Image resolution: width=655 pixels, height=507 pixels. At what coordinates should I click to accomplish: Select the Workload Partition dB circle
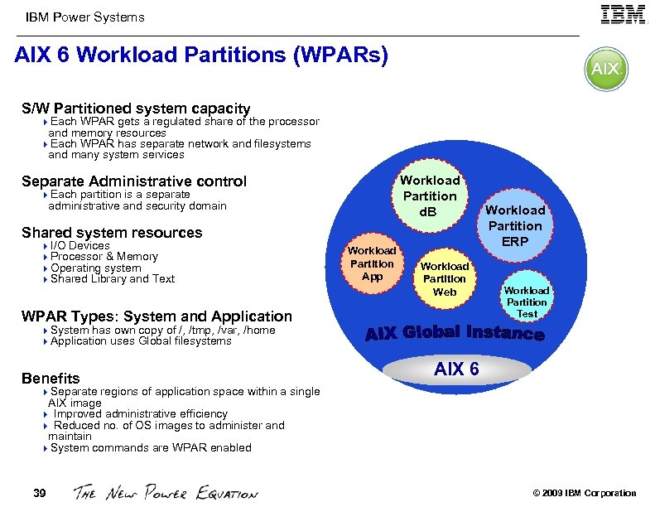(x=430, y=196)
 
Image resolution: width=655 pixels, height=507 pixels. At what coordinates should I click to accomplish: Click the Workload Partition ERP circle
(x=514, y=225)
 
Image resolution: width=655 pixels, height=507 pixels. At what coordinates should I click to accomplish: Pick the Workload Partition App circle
(x=372, y=263)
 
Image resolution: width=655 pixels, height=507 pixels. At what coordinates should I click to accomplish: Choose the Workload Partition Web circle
(x=445, y=279)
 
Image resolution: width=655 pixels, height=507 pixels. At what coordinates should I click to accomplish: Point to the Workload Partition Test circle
(x=527, y=302)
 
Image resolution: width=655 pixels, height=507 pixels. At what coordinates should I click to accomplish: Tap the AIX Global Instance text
(x=455, y=333)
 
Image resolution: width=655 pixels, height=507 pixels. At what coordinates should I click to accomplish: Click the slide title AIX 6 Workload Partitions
(x=201, y=56)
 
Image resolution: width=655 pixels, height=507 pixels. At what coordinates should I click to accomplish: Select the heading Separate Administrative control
(x=134, y=181)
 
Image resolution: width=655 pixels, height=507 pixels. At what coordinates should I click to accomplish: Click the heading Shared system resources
(x=112, y=233)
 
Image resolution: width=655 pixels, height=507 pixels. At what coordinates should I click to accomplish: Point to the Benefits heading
(x=51, y=379)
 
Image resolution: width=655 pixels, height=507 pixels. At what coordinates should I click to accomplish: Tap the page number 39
(x=39, y=494)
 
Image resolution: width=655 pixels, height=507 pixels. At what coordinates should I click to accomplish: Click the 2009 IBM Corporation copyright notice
(x=585, y=494)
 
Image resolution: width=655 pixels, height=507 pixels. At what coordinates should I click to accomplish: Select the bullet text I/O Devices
(x=79, y=245)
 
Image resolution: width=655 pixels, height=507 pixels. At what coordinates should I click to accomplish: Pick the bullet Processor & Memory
(x=104, y=257)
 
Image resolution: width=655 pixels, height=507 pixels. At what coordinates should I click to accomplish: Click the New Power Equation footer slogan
(x=166, y=493)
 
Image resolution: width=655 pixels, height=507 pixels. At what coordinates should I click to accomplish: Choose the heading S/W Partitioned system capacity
(x=136, y=109)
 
